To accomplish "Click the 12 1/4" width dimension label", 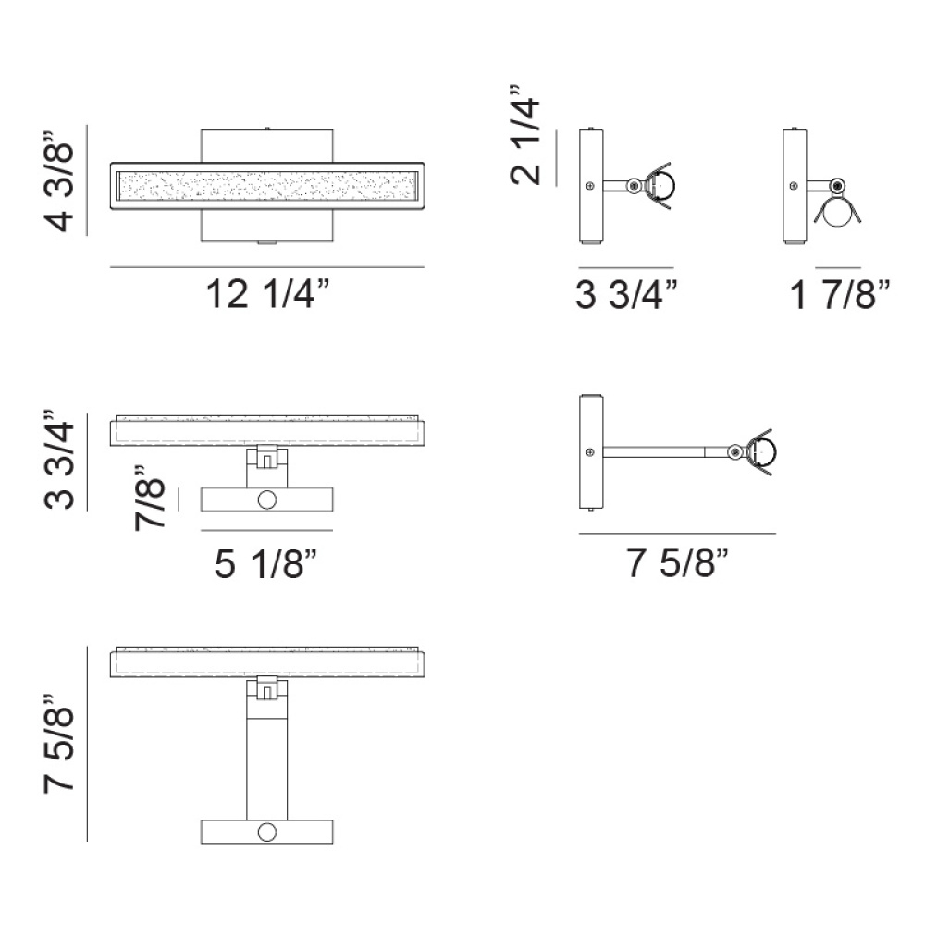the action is (x=267, y=293).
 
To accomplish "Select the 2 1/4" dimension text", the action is (x=525, y=135).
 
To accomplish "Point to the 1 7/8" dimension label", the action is (x=840, y=293).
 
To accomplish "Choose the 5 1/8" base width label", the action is (x=266, y=562).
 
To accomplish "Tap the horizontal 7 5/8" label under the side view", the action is (x=677, y=561).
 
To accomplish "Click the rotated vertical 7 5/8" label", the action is (x=59, y=744).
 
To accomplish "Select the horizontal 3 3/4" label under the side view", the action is (x=626, y=293).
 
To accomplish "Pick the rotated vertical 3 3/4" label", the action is (x=59, y=459).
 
